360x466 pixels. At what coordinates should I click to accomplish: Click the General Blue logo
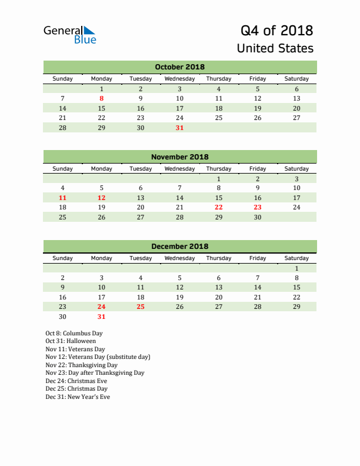point(69,34)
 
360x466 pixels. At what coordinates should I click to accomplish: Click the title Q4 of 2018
point(276,30)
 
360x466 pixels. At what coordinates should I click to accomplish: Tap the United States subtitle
point(275,48)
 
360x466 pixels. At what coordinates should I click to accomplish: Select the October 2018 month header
point(179,67)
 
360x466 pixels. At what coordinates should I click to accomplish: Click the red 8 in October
point(102,99)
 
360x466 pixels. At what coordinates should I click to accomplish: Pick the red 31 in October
point(179,128)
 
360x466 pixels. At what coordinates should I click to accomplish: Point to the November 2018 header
point(179,157)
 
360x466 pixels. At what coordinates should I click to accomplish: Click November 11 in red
point(63,198)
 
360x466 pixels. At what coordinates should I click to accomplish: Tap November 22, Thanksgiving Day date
point(218,207)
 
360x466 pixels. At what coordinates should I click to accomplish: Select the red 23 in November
point(257,207)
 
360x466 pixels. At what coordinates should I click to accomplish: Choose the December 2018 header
point(179,247)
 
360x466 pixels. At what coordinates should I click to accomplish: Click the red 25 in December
point(141,307)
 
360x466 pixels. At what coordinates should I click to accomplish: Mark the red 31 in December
point(102,317)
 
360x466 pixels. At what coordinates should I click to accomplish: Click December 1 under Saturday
point(296,268)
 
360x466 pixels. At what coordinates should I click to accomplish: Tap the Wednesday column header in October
point(179,79)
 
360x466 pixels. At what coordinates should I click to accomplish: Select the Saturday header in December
point(296,258)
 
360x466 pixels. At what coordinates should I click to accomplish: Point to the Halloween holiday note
point(71,341)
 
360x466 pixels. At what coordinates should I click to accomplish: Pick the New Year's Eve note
point(78,397)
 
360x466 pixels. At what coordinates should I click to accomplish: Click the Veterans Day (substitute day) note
point(98,357)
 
